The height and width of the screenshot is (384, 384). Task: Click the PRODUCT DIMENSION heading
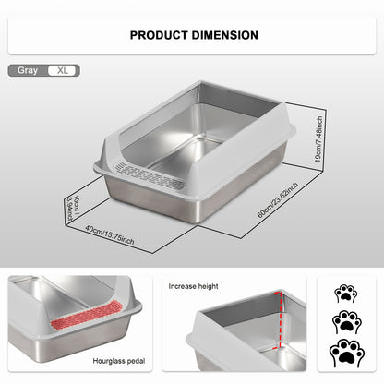coord(193,35)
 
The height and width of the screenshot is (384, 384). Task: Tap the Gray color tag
coord(28,69)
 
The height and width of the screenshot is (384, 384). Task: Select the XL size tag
coord(63,69)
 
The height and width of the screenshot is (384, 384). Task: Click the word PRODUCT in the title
coord(160,35)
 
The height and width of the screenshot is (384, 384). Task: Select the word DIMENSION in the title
coord(225,35)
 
